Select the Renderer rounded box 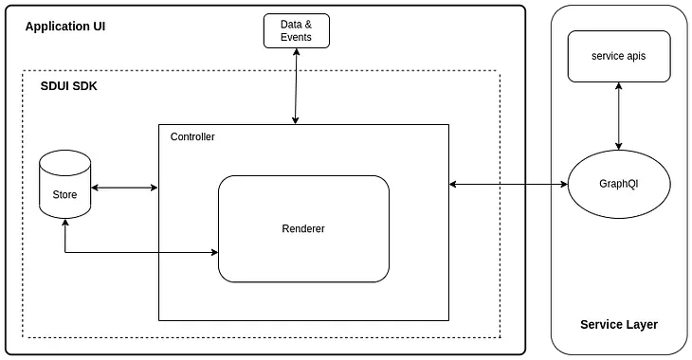303,228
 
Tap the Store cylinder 64,187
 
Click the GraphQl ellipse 619,183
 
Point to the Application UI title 65,26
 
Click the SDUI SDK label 68,86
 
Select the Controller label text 192,137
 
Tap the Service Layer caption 619,324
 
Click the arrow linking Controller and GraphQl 507,183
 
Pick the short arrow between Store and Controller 124,188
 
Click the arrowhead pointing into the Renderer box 213,252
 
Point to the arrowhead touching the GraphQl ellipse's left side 562,183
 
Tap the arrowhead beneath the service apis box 619,86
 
